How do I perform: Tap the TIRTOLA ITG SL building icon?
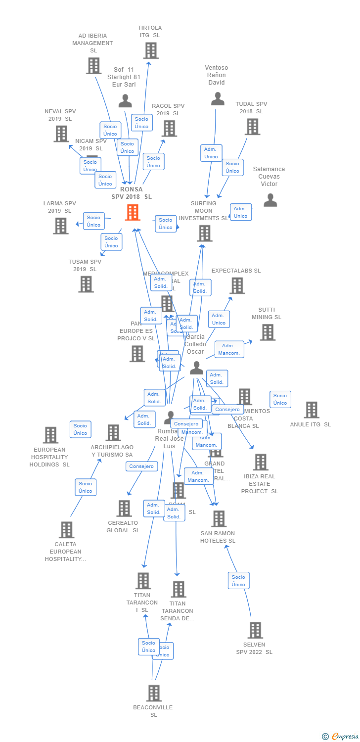151,50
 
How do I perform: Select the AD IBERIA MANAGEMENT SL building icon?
93,65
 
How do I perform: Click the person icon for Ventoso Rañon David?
218,98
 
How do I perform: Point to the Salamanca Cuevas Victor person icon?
270,200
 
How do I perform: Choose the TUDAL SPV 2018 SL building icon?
252,127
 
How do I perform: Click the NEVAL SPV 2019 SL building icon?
61,134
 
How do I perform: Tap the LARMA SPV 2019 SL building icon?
61,226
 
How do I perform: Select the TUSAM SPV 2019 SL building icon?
86,284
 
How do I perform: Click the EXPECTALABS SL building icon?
237,285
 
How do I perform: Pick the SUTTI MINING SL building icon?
267,332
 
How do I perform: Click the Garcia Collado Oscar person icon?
196,368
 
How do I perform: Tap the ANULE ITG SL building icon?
311,410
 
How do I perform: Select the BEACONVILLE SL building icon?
154,693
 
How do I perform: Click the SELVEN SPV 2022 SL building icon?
255,630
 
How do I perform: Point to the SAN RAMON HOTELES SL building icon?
219,519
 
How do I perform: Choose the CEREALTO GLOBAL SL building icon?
124,508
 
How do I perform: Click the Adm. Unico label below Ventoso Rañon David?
211,153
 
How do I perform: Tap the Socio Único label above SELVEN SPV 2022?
238,581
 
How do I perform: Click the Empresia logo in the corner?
341,737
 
